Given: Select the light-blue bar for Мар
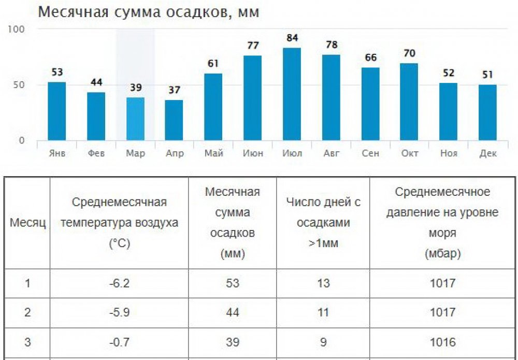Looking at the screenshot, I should [x=136, y=119].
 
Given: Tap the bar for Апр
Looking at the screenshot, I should [x=174, y=120].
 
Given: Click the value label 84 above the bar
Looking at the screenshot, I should [x=292, y=38].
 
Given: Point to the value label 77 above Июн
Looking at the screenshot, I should [x=253, y=46].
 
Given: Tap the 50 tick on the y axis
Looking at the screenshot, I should [x=19, y=85].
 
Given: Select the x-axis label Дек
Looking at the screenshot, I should [x=488, y=153].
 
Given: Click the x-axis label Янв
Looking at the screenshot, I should [x=57, y=153].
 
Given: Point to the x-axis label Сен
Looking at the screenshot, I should [x=370, y=153].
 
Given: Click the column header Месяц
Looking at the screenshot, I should [x=28, y=223].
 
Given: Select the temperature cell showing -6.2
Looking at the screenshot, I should [x=119, y=283].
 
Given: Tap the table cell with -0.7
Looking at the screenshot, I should [x=119, y=342].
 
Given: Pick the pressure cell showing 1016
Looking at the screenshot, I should [x=442, y=342].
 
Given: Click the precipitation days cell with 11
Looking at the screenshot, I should [x=323, y=312].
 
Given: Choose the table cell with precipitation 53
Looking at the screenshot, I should [x=232, y=283].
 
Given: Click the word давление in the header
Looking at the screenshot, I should [x=410, y=213].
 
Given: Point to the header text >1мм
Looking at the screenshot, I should [x=323, y=243].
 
